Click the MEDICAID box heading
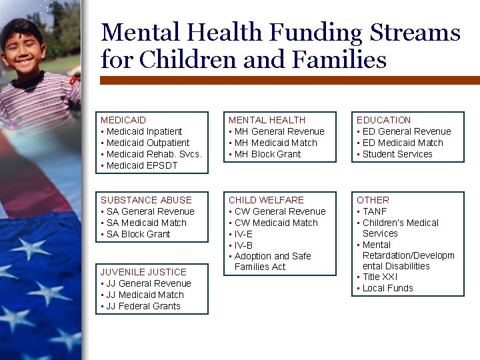tap(123, 120)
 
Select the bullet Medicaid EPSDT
tap(142, 165)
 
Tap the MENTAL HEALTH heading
tap(267, 120)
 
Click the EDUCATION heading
tap(383, 120)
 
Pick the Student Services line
tap(397, 154)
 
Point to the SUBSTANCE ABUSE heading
tap(146, 200)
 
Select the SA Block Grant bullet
tap(138, 234)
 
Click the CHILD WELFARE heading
tap(266, 200)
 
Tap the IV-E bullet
tap(243, 234)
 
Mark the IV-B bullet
tap(243, 245)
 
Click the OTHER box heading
tap(373, 200)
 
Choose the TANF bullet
tap(375, 211)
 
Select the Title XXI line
tap(380, 277)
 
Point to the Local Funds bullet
tap(387, 288)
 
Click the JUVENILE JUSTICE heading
tap(143, 272)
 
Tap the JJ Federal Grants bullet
tap(143, 306)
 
